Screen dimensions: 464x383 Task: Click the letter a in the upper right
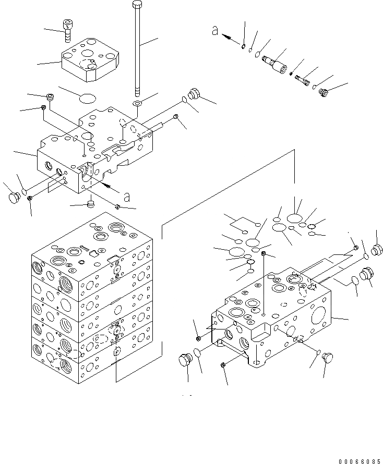click(x=214, y=31)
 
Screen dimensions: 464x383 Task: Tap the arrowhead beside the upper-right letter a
click(x=226, y=37)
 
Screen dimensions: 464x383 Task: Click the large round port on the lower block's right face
click(x=318, y=315)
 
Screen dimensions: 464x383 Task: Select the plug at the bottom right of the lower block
click(x=328, y=358)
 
